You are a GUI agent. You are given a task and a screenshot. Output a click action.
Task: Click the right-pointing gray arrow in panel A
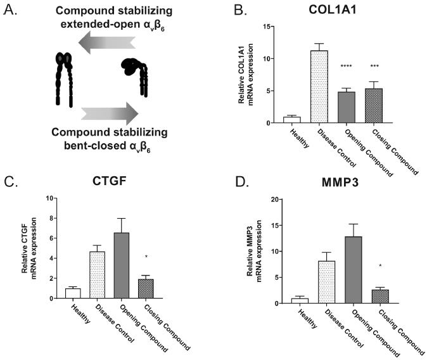point(109,113)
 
